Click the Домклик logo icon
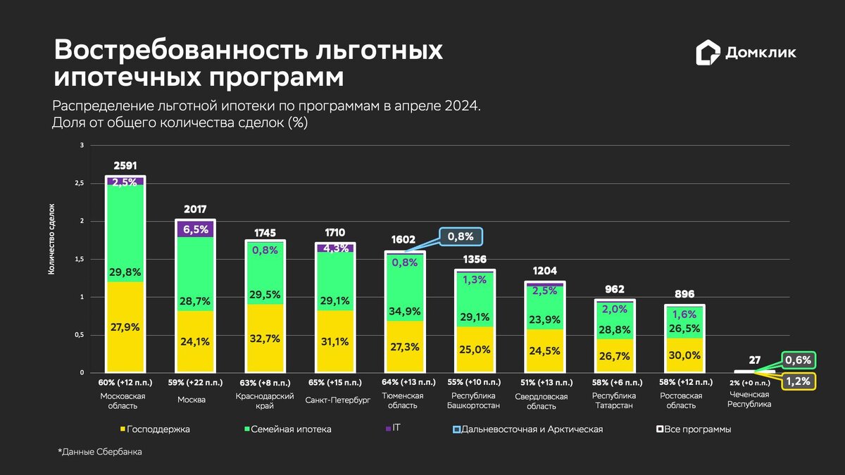(x=708, y=53)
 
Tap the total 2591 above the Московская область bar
(x=125, y=166)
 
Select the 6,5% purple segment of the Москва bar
(x=195, y=229)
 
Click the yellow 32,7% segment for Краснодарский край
(x=265, y=338)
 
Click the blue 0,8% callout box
(x=461, y=237)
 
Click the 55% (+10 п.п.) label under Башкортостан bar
(x=475, y=383)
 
